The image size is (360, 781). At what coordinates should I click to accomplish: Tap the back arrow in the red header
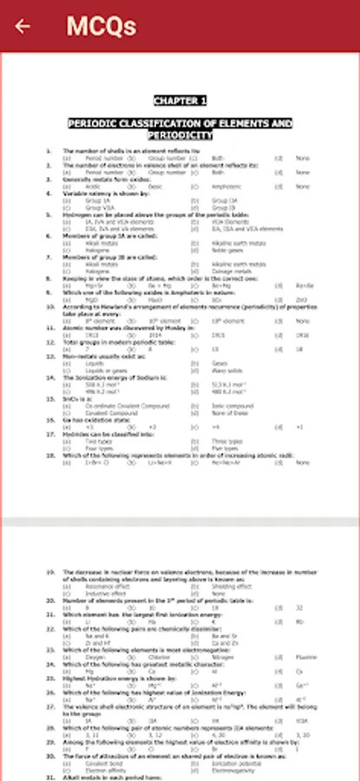22,26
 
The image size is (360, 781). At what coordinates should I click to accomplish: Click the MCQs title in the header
101,26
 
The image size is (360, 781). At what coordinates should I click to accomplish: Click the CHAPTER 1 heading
180,100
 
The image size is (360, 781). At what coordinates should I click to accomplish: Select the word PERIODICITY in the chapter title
180,136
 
